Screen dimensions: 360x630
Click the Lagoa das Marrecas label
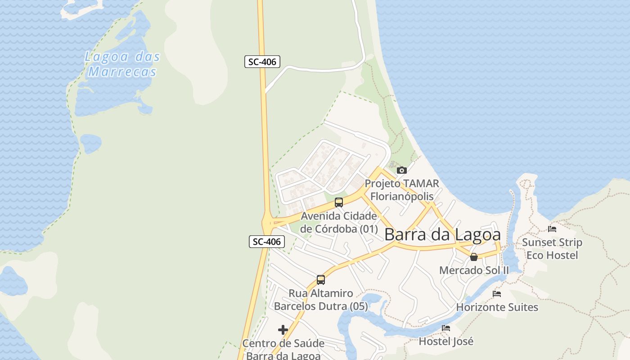(122, 64)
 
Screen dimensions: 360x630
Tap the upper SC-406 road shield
(262, 62)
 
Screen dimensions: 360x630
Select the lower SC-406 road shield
(267, 242)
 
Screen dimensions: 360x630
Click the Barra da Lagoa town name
(442, 234)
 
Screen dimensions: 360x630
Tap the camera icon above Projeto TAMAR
(401, 170)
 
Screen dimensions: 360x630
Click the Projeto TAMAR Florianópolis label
(401, 190)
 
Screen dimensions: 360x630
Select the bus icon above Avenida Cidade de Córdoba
(339, 202)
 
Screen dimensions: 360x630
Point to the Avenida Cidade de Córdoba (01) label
(339, 222)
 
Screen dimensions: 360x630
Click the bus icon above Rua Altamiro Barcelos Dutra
(321, 280)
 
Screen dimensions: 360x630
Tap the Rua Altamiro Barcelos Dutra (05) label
(321, 300)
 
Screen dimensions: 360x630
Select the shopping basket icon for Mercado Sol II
(474, 257)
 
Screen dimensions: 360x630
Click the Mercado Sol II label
(474, 270)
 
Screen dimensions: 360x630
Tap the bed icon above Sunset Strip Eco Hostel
(552, 229)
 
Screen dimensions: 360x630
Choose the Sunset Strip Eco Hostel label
(552, 249)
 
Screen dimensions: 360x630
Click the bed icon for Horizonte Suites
(497, 294)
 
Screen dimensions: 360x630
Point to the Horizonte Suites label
(497, 307)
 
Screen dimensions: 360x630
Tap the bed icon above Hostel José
(446, 328)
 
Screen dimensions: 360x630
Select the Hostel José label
(446, 342)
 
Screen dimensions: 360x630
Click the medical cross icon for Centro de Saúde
(283, 330)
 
